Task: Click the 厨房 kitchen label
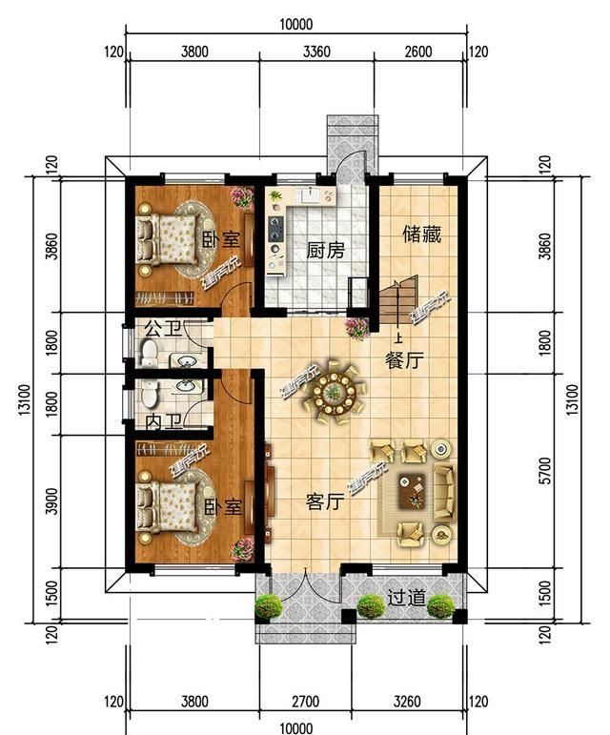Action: coord(326,252)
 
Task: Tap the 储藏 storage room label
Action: coord(422,235)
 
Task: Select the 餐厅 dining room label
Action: coord(404,360)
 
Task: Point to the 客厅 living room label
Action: coord(325,502)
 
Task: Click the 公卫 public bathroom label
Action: coord(163,329)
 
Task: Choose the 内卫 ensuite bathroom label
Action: coord(164,422)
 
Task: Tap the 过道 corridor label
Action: coord(407,598)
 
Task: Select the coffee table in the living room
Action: coord(412,491)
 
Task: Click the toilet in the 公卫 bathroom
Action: coord(150,352)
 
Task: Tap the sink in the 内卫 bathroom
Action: coord(189,386)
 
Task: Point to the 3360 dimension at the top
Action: coord(316,51)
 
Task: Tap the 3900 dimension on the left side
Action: coord(52,501)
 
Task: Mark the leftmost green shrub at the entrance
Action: coord(269,607)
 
